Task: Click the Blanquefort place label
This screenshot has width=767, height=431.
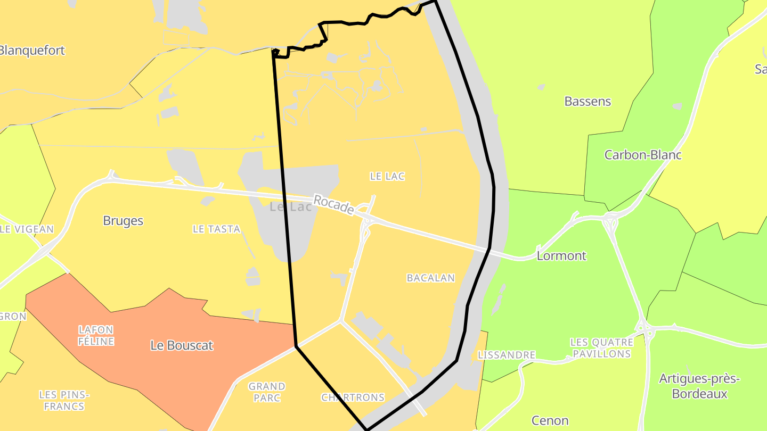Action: [32, 51]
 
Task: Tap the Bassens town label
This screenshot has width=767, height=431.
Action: [588, 101]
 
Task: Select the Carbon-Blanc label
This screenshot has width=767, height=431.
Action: [643, 155]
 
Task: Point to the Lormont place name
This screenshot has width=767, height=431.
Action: [561, 255]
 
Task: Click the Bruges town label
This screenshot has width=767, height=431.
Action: [123, 221]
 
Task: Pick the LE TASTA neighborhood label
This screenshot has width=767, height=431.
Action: [216, 229]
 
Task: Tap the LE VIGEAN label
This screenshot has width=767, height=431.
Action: [27, 229]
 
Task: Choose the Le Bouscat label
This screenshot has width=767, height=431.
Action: [182, 345]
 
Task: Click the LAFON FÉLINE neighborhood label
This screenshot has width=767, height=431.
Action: [96, 335]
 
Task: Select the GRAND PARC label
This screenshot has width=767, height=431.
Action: [267, 392]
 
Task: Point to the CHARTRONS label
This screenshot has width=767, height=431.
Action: [353, 397]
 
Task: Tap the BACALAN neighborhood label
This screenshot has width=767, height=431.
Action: [430, 278]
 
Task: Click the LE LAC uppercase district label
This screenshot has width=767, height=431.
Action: [387, 176]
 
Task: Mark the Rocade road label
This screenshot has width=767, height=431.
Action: [333, 205]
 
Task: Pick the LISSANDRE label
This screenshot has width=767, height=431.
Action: [507, 355]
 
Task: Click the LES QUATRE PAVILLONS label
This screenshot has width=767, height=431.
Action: [601, 348]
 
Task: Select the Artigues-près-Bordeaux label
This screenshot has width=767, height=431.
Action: [699, 386]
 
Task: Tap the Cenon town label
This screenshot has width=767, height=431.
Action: [550, 420]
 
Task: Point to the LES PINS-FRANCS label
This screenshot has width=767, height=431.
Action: [64, 400]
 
